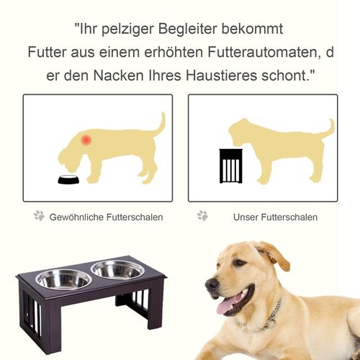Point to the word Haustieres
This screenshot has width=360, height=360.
pos(235,76)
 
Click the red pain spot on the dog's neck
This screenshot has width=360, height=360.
pos(86,139)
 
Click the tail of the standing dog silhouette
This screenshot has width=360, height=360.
pos(327,130)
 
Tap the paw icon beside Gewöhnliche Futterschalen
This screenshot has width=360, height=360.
pos(39,216)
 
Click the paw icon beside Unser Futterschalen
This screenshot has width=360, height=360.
pos(203,216)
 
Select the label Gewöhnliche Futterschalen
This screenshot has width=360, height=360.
pos(106,217)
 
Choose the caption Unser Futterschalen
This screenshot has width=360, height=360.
pos(275,217)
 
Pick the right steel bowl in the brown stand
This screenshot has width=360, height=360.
pos(117,269)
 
